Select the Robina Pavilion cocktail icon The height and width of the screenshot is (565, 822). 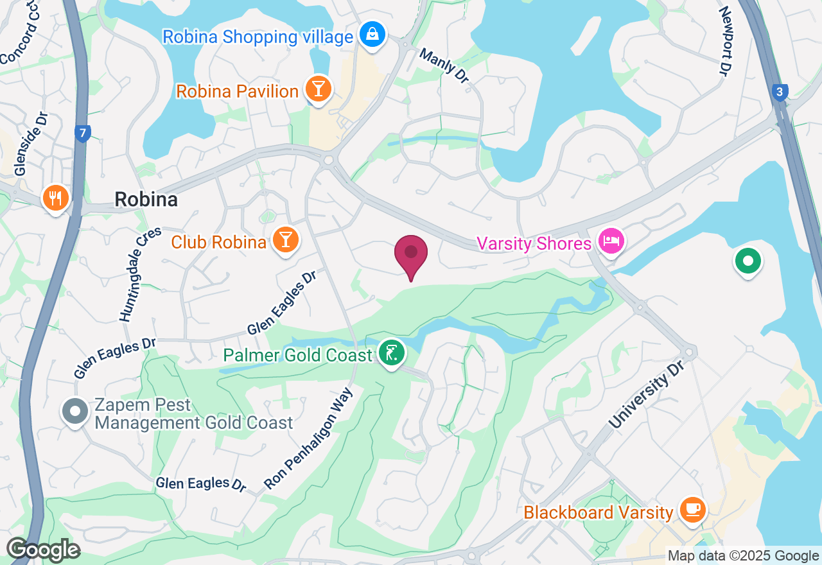(317, 89)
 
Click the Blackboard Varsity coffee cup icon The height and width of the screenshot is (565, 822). (692, 510)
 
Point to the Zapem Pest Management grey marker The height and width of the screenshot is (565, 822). (75, 410)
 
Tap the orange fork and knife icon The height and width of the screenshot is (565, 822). (56, 197)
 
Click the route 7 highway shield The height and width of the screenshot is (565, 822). (82, 134)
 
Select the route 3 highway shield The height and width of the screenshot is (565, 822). (780, 92)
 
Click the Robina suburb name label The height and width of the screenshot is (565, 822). (146, 200)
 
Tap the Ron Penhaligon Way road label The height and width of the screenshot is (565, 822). (309, 439)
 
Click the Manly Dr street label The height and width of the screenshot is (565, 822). (444, 65)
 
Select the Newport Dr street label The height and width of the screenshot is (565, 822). (725, 41)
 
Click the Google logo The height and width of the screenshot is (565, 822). (44, 550)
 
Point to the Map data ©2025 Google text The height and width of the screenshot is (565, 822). (743, 556)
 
